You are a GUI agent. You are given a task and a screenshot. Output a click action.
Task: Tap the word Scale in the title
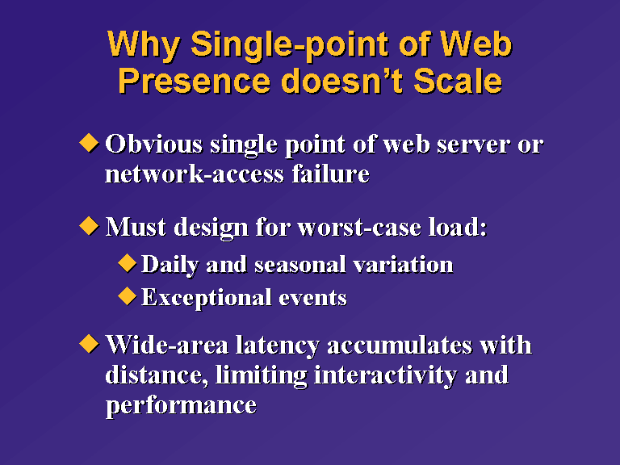[x=458, y=81]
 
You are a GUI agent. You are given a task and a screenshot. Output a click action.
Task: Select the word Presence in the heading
[x=195, y=81]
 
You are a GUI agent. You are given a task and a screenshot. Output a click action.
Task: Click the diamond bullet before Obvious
[x=89, y=143]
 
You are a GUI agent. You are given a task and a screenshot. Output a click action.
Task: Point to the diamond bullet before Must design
[x=89, y=226]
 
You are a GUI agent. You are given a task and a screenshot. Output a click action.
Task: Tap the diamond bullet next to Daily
[x=128, y=263]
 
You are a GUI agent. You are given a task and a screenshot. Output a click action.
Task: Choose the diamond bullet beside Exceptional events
[x=128, y=295]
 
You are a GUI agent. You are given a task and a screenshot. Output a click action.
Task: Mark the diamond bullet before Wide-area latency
[x=89, y=344]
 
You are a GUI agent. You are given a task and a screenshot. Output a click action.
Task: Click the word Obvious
[x=154, y=144]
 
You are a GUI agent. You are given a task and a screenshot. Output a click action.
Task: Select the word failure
[x=330, y=174]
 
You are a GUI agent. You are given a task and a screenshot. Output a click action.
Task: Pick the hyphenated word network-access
[x=195, y=174]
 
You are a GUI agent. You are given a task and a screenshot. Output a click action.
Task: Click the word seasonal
[x=300, y=265]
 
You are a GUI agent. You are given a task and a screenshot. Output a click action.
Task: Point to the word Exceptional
[x=207, y=298]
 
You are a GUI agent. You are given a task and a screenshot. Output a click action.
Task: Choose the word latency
[x=278, y=346]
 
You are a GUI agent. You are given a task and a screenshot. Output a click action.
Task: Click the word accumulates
[x=400, y=346]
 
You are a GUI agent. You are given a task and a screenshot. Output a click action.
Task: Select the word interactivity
[x=386, y=375]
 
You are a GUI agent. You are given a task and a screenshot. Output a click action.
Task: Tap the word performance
[x=181, y=406]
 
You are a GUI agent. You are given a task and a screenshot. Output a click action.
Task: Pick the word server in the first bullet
[x=473, y=145]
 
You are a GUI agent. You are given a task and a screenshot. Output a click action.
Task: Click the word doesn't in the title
[x=342, y=81]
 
